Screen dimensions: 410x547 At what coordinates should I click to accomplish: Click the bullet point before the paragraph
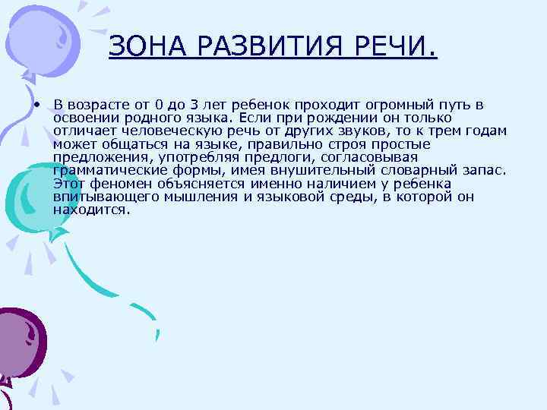coord(36,105)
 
